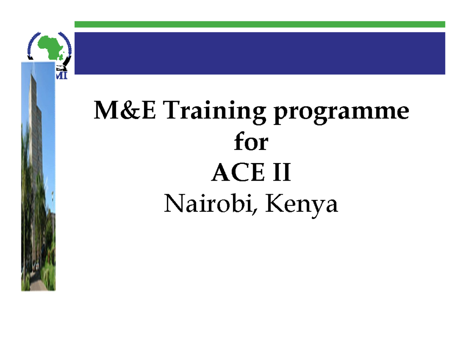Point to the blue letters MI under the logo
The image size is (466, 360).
[61, 76]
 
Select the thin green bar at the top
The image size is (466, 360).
[259, 24]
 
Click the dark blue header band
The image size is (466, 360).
[259, 53]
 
